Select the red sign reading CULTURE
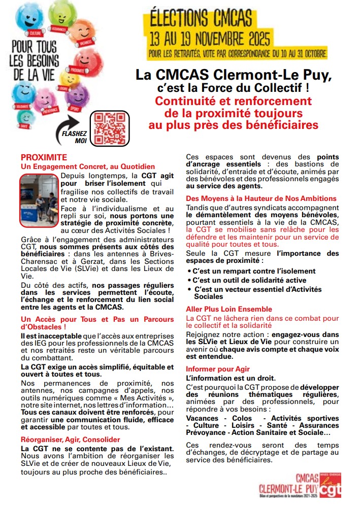pos(35,32)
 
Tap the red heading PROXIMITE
pos(44,158)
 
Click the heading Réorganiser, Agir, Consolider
pos(63,439)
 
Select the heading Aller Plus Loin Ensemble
pos(228,309)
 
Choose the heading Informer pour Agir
pos(218,369)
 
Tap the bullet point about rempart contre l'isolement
pos(253,271)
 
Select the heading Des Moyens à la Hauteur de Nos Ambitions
pos(261,198)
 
